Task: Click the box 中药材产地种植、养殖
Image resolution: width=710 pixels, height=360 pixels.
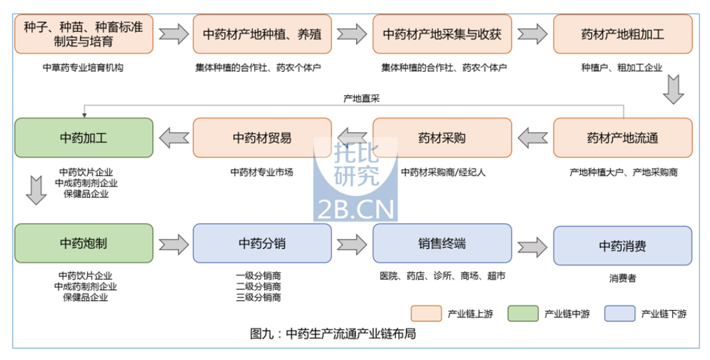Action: point(262,34)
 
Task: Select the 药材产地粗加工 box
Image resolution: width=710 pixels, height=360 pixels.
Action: point(622,34)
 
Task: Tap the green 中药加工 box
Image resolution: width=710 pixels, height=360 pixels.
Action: point(83,138)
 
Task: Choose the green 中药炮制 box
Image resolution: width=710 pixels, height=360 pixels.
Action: point(83,243)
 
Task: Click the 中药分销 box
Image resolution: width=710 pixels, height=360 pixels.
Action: point(262,243)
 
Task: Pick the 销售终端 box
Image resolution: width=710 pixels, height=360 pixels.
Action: point(442,243)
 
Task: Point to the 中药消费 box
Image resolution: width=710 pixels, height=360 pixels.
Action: point(622,246)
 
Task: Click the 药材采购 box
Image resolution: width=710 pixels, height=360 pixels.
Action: point(442,138)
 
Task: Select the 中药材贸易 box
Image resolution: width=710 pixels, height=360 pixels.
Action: point(262,138)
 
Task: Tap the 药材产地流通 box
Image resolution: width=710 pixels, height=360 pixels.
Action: point(622,138)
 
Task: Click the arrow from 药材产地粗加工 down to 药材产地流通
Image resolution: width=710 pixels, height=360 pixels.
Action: point(674,89)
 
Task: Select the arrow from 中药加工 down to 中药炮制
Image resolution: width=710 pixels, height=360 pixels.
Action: point(35,190)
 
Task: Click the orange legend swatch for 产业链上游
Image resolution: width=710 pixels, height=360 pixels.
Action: point(427,313)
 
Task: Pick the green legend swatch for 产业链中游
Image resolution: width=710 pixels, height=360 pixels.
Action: point(523,313)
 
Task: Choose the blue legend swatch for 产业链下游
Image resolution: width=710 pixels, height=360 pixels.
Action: point(620,313)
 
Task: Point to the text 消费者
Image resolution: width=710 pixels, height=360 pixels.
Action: point(622,278)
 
